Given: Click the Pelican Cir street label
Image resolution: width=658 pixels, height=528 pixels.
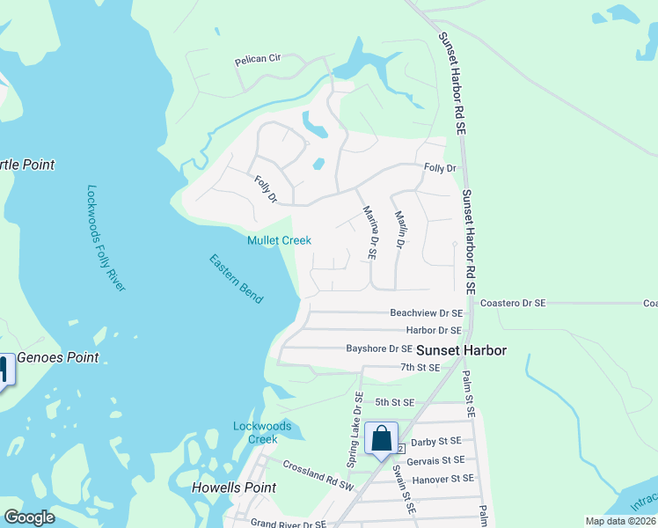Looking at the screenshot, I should [x=257, y=60].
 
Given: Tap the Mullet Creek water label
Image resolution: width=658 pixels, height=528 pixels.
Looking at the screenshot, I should [x=279, y=240].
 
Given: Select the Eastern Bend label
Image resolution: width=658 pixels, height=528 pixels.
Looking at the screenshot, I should [x=236, y=279].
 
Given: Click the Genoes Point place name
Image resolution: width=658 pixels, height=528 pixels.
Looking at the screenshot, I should [x=58, y=357].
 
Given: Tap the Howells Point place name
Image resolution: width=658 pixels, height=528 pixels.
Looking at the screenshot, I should [x=234, y=488].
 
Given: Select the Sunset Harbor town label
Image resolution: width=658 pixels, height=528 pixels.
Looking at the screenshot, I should [x=461, y=350].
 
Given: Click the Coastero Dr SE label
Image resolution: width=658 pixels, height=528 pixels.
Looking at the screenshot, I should [x=513, y=303].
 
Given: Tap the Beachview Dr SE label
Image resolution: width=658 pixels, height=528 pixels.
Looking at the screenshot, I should [x=426, y=312].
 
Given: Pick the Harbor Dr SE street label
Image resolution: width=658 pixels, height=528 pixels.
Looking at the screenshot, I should [x=433, y=330].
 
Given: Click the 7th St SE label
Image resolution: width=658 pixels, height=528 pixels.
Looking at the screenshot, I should [x=420, y=367].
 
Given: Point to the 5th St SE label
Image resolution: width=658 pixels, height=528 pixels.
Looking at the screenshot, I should [x=393, y=402].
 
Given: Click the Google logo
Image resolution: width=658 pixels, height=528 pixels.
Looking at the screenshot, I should [x=30, y=517].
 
